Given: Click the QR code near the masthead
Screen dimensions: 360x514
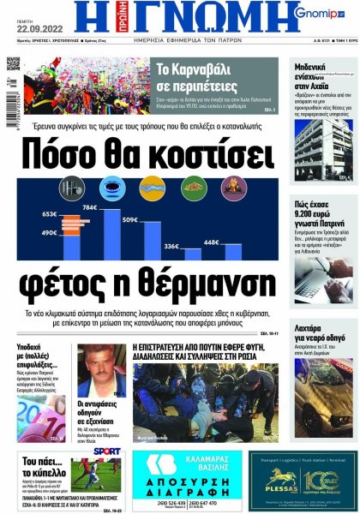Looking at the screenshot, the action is point(14,64).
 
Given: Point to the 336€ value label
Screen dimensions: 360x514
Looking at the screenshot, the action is point(171,247).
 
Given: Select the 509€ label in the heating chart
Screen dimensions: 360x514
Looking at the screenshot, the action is point(129,220).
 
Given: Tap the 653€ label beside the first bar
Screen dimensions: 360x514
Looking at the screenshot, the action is point(49,214).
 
